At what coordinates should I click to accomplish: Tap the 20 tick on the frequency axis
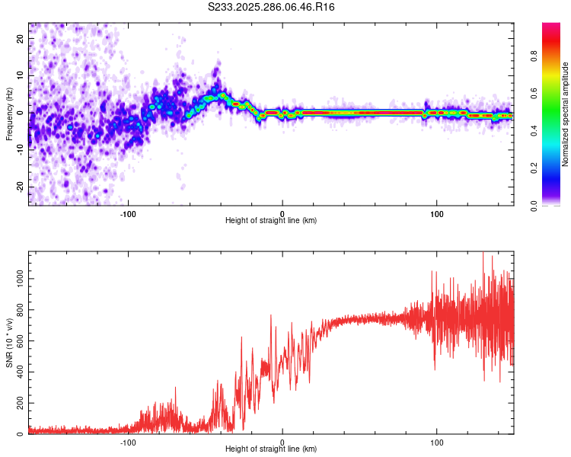(20, 38)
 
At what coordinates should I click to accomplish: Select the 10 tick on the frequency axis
(20, 75)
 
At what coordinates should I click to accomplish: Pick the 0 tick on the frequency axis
(22, 113)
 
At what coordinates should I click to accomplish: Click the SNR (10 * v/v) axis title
(9, 343)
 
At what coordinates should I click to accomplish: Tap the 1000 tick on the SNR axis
(15, 279)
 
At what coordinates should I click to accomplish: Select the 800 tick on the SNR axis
(18, 310)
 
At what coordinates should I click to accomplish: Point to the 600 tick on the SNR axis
(18, 341)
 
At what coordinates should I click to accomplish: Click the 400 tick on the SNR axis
(18, 372)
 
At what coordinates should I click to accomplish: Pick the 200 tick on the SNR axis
(18, 404)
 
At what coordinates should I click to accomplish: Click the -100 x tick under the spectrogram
(128, 213)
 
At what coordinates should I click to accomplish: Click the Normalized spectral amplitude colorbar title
(566, 114)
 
